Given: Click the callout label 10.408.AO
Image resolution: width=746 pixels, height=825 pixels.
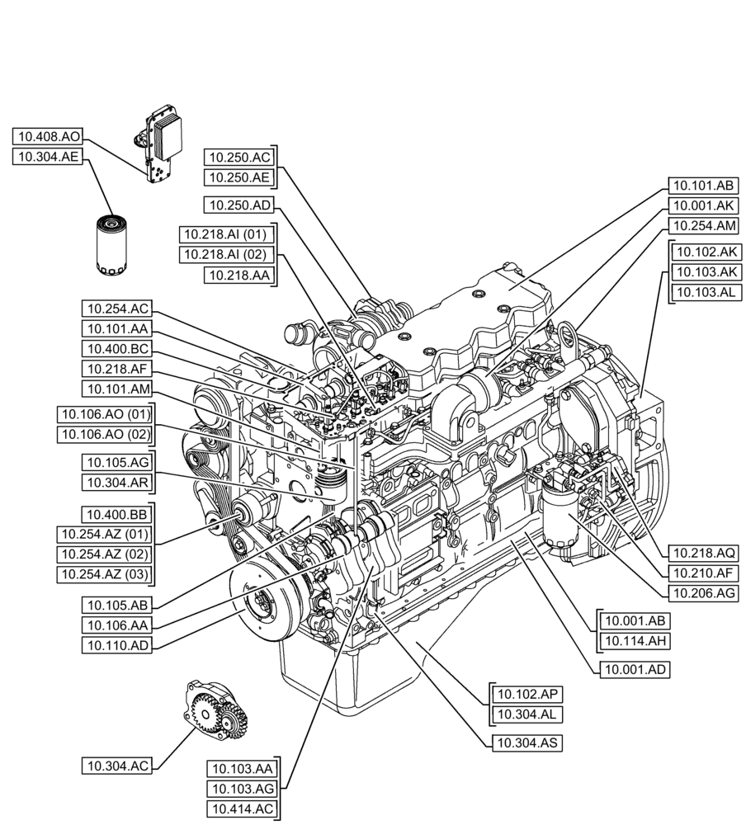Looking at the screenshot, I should [48, 137].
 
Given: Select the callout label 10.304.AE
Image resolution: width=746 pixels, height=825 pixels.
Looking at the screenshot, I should [48, 158].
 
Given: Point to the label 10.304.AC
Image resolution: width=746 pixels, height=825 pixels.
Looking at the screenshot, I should [117, 766].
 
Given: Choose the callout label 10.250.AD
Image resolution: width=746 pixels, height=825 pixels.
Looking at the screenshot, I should [239, 204].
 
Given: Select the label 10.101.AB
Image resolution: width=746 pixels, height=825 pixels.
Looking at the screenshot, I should [701, 185].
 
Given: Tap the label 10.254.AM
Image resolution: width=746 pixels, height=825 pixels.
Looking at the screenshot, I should [701, 225].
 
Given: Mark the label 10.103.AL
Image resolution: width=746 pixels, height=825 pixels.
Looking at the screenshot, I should [707, 292].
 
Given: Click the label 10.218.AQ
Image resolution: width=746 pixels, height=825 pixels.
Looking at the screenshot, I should [703, 553].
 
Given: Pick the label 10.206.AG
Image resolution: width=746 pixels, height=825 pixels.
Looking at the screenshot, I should [703, 592].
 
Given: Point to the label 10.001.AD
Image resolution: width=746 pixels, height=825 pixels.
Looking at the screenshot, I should [634, 669].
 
